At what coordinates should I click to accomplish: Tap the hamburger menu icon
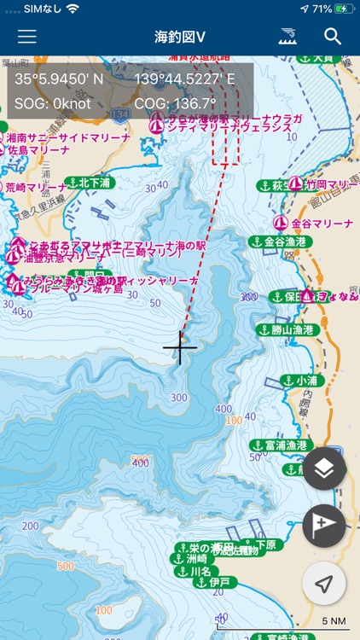(27, 37)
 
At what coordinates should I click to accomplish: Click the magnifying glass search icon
(333, 37)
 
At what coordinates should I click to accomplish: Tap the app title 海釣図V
(180, 37)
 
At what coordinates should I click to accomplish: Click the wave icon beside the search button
(288, 37)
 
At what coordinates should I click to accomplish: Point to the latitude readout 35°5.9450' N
(59, 79)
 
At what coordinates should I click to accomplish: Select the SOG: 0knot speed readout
(53, 103)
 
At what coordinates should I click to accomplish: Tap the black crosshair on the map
(180, 347)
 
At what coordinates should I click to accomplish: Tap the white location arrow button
(324, 584)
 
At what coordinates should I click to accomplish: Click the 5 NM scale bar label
(334, 620)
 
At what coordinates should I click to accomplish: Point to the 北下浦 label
(95, 183)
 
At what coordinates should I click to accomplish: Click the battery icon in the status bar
(344, 9)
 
